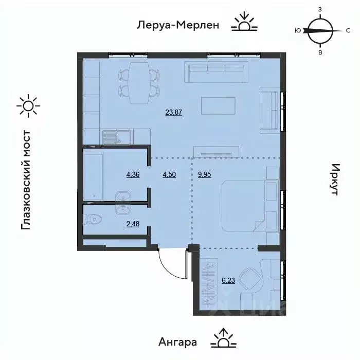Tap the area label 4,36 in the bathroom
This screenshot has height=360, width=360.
click(x=132, y=174)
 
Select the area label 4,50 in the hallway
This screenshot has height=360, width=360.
click(x=168, y=174)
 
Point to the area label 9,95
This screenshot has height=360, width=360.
click(x=205, y=174)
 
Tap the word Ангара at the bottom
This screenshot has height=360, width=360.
click(x=178, y=341)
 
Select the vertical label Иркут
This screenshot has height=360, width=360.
click(x=335, y=179)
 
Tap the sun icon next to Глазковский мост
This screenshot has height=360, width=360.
click(x=28, y=105)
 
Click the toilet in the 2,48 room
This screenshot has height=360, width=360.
click(x=93, y=219)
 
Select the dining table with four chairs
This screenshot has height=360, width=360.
click(x=138, y=82)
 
